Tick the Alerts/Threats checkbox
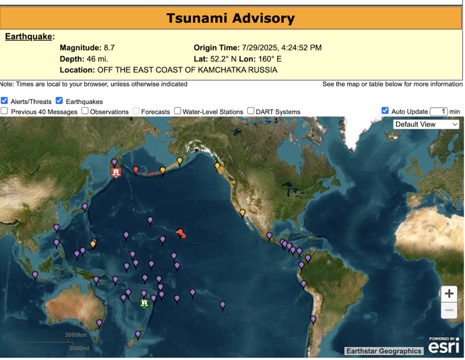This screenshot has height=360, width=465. coord(4,100)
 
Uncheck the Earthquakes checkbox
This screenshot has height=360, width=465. coord(60,100)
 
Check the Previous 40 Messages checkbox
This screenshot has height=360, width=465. coord(4,111)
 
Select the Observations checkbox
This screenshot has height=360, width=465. coord(84,111)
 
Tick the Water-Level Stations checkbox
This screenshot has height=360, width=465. coord(177,111)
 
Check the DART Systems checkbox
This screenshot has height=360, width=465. coord(251,111)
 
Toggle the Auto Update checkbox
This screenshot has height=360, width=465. coord(385,111)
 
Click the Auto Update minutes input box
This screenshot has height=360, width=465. coord(438,112)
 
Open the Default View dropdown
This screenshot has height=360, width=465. coord(427,124)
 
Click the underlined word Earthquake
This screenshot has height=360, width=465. coord(29,37)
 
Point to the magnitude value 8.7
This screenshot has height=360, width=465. coord(109,48)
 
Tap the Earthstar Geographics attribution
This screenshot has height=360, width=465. coord(384,351)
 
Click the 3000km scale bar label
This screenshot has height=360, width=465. coord(76,335)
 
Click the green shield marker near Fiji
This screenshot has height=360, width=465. coord(144,303)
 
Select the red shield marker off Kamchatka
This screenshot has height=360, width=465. coord(116,172)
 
